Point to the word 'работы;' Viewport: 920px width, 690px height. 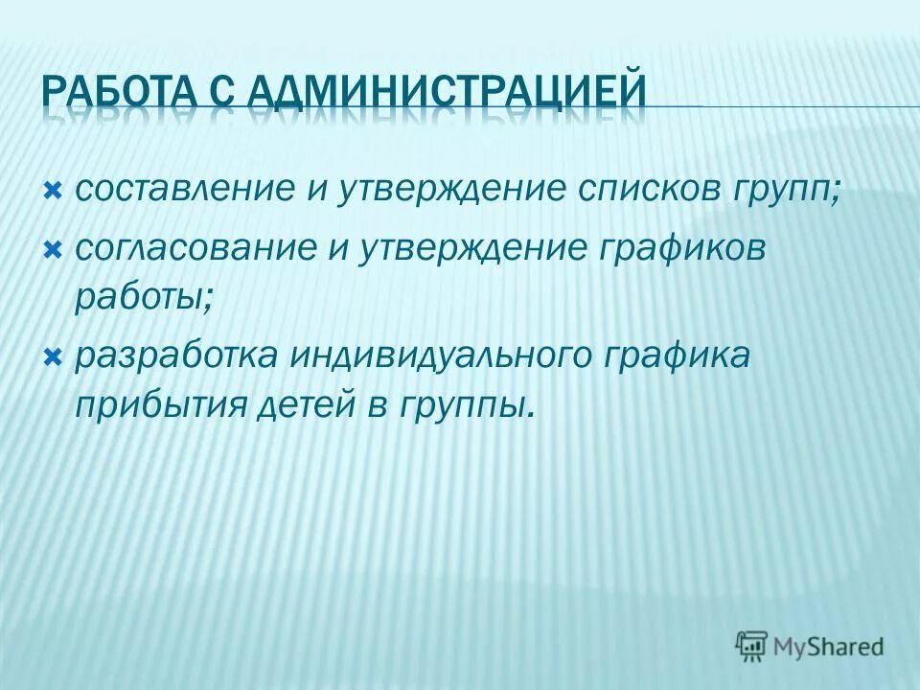(144, 295)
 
